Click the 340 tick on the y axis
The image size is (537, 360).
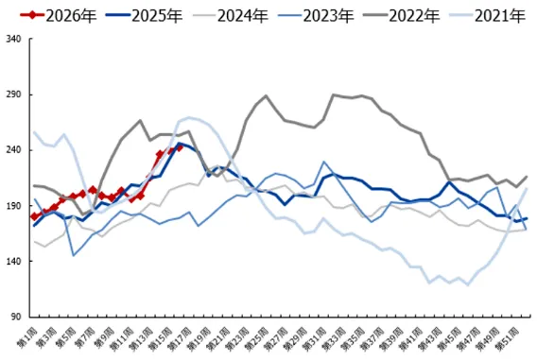[14, 40]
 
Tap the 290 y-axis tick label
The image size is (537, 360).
[14, 95]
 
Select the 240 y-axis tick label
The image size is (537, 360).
[14, 151]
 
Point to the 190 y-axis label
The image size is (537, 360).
[14, 206]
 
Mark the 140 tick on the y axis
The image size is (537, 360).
[14, 262]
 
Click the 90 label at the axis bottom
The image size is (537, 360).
[16, 317]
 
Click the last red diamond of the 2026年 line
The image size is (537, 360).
[180, 147]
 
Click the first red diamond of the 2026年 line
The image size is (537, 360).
[34, 216]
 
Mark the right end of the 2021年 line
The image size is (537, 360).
[527, 189]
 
